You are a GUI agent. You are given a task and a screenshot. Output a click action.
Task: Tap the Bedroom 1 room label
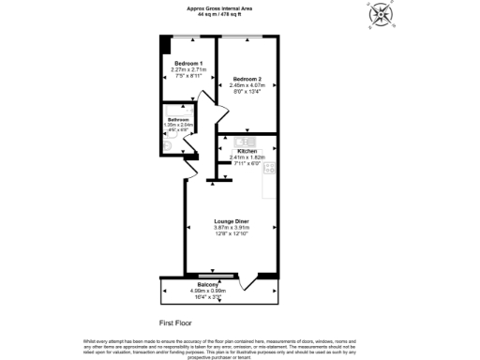pos(188,63)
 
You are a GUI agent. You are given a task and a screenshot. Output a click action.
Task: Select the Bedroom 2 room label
pos(247,79)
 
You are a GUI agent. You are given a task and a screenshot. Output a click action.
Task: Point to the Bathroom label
pos(178,120)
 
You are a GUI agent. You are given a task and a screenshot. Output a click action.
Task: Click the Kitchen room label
pos(247,151)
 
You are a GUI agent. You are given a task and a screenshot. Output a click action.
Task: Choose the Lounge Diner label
pos(231,221)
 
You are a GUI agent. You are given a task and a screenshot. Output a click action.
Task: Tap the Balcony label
pos(208,284)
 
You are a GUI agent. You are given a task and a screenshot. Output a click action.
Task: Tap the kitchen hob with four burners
pos(269,169)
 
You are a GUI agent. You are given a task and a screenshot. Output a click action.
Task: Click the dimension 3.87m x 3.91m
pos(231,227)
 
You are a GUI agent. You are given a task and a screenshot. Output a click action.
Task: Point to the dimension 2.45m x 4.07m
pos(247,85)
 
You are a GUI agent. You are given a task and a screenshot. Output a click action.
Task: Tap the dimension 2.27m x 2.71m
pos(188,69)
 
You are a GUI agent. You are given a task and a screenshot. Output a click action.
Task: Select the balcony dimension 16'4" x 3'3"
pos(208,296)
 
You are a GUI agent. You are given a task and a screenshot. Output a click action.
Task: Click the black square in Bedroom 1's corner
pos(164,43)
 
